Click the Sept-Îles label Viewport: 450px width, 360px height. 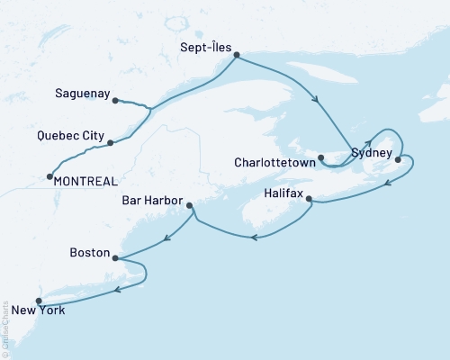pos(206,41)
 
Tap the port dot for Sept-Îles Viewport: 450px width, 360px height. pos(237,56)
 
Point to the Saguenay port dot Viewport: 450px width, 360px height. pos(115,101)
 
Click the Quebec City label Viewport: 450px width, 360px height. pos(70,138)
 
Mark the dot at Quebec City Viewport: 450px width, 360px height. pos(110,142)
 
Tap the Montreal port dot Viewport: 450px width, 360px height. pos(49,176)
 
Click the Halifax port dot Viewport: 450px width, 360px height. pos(309,199)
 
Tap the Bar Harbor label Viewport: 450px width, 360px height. pos(151,201)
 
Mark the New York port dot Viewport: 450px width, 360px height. pos(38,301)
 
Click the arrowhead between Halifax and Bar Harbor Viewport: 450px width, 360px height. pos(255,238)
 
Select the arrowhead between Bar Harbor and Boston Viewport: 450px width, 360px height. pos(167,238)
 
